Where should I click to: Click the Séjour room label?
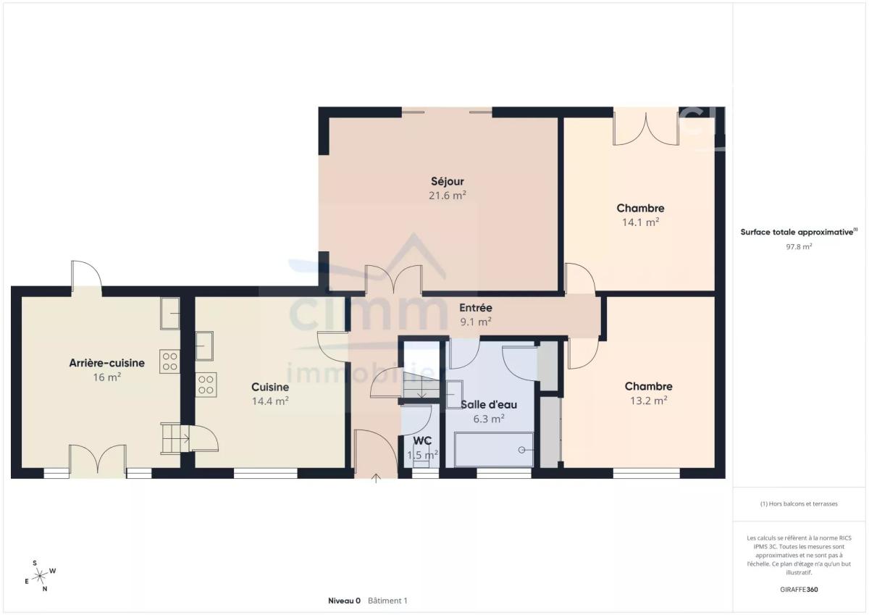click(448, 181)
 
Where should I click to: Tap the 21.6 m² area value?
click(448, 195)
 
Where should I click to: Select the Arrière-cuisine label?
click(106, 363)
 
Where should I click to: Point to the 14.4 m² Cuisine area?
click(270, 401)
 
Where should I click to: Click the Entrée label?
click(476, 308)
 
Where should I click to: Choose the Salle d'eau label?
click(489, 405)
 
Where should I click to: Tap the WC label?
click(422, 440)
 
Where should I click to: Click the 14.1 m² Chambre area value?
click(640, 222)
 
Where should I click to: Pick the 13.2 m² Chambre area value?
click(648, 400)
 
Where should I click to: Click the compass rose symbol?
click(40, 576)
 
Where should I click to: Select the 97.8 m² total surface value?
click(799, 246)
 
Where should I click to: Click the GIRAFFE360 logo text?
click(799, 590)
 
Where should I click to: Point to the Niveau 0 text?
click(344, 601)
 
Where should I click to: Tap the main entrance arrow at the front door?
click(376, 478)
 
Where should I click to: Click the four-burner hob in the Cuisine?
click(206, 385)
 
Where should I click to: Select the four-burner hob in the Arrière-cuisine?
click(170, 361)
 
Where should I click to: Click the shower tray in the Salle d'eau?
click(493, 450)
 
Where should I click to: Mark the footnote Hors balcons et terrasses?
click(799, 503)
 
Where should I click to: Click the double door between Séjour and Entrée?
click(394, 280)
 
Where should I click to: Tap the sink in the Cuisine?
click(204, 346)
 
